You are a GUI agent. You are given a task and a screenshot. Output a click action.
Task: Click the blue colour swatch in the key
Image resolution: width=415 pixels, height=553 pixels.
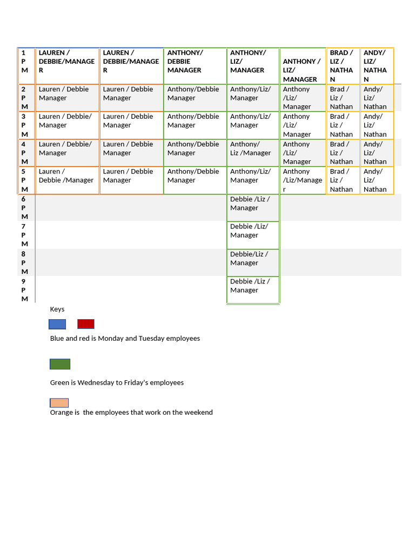pyautogui.click(x=57, y=324)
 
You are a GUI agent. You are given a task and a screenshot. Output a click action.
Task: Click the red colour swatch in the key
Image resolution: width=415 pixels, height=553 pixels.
pyautogui.click(x=86, y=324)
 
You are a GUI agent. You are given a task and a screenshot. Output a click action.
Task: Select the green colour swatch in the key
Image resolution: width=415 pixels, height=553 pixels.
pyautogui.click(x=60, y=364)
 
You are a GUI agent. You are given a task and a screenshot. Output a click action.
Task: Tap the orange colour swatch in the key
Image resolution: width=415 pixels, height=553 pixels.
pyautogui.click(x=59, y=403)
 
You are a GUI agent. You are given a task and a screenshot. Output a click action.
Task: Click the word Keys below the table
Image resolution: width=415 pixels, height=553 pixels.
pyautogui.click(x=57, y=309)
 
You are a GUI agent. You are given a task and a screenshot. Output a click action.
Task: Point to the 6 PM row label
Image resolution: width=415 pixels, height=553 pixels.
pyautogui.click(x=24, y=208)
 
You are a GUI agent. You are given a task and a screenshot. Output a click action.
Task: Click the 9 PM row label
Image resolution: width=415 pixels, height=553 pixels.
pyautogui.click(x=24, y=290)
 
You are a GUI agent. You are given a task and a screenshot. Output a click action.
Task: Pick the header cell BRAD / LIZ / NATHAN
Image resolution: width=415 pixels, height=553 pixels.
pyautogui.click(x=342, y=66)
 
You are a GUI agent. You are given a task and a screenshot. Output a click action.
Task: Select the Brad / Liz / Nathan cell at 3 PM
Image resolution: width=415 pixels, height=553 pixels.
pyautogui.click(x=342, y=125)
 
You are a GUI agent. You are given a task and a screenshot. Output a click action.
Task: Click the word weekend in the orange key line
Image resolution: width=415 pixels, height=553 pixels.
pyautogui.click(x=198, y=413)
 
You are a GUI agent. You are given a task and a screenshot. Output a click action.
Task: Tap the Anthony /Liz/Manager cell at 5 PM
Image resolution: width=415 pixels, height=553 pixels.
pyautogui.click(x=302, y=180)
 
